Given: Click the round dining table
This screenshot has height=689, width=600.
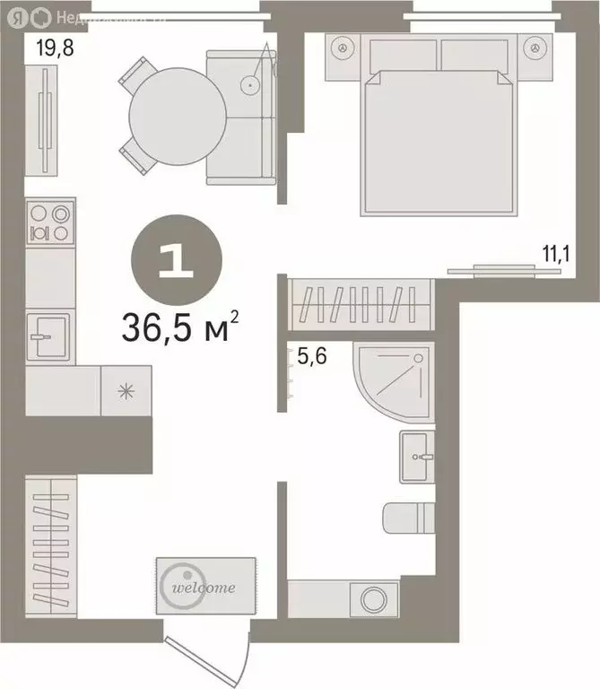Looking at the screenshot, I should point(178,115).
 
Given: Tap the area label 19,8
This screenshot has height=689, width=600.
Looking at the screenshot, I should point(54,48).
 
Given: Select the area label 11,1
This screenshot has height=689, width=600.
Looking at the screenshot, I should point(557,253).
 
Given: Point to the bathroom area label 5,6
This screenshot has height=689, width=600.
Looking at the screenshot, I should point(311,356).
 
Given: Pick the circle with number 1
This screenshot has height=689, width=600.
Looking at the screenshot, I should point(176,259).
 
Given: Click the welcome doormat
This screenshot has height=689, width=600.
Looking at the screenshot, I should point(206,585).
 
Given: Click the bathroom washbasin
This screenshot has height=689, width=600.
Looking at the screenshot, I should point(417,456).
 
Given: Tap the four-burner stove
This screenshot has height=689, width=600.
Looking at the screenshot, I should point(49,222).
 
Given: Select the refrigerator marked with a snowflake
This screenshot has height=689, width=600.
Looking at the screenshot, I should point(126,390).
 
